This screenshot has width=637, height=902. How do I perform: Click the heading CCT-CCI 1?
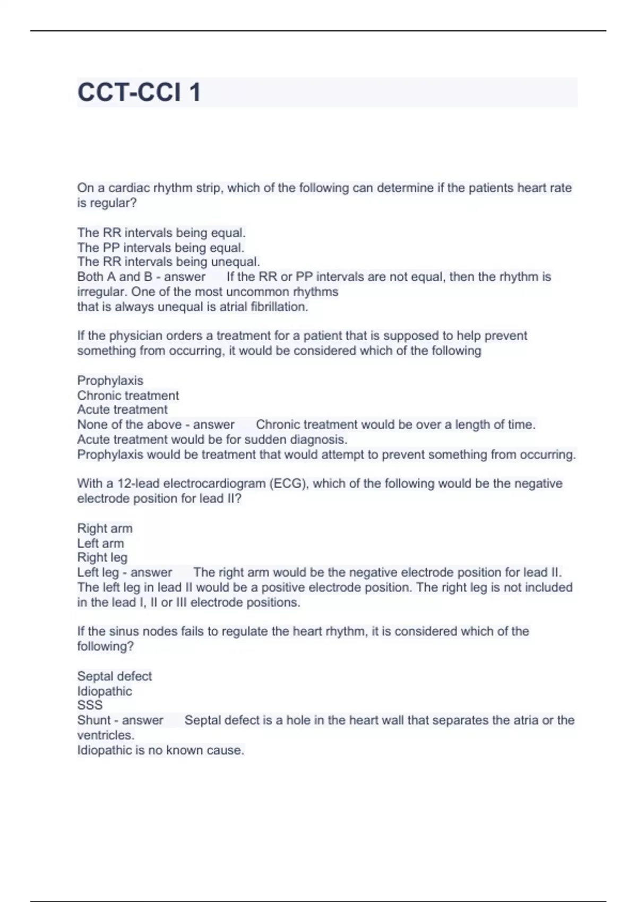click(x=139, y=92)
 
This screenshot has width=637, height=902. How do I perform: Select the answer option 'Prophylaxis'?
click(x=110, y=380)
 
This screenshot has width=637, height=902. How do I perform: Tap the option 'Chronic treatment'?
click(x=128, y=395)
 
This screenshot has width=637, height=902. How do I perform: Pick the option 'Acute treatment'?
click(x=122, y=410)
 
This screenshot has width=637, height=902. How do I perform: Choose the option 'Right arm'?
click(x=105, y=528)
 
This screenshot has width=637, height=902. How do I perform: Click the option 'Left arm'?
click(x=100, y=543)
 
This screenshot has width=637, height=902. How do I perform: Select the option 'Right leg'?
click(x=102, y=558)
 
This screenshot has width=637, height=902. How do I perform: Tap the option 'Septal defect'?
click(x=114, y=676)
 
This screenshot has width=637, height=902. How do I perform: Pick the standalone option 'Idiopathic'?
click(x=105, y=691)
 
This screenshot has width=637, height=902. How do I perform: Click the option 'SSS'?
click(x=90, y=705)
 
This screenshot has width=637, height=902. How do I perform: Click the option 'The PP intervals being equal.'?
click(x=160, y=248)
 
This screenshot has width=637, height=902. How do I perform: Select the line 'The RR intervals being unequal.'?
click(x=168, y=262)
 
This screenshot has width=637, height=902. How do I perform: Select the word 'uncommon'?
click(x=257, y=292)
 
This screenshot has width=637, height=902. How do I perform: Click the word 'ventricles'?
click(x=105, y=735)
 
